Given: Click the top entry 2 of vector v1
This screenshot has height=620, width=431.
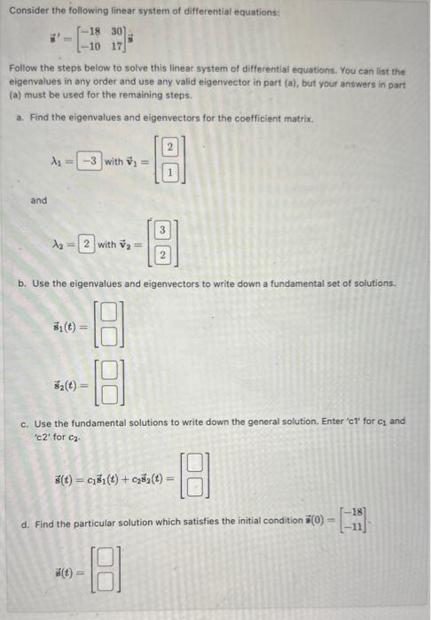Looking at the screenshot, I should pos(168,148).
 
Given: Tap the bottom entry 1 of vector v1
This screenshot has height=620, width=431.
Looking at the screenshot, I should pos(168,174).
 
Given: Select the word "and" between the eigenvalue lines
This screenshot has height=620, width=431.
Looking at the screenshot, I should pos(38,201).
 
